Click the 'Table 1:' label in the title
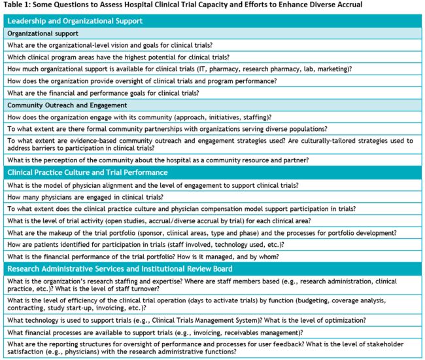click(x=21, y=5)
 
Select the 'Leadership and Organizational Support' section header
click(x=75, y=21)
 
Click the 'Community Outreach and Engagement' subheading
click(x=67, y=105)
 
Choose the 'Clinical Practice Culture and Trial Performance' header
click(x=97, y=173)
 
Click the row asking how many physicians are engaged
click(x=85, y=197)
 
